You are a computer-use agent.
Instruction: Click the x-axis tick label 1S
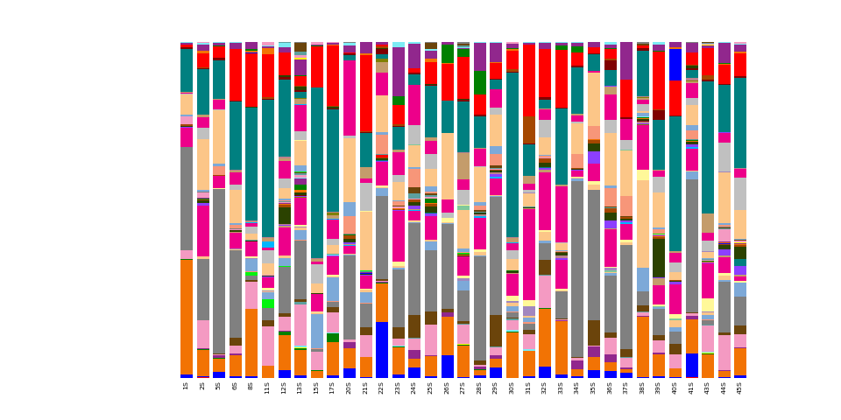187,386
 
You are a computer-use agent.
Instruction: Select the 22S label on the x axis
381,386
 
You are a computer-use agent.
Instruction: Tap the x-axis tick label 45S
740,386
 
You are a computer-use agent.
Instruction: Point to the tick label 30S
512,386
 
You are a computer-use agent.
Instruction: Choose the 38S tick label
642,386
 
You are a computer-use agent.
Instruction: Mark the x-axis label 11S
267,386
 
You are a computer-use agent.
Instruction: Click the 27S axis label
463,386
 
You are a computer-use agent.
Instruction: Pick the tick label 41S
691,386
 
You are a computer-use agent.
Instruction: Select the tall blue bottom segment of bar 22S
381,349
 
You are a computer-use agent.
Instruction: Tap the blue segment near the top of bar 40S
675,64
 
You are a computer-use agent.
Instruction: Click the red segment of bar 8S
251,80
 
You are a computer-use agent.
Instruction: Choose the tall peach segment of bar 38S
642,223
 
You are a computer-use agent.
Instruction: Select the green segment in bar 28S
479,83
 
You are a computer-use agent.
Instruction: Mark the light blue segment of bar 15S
316,331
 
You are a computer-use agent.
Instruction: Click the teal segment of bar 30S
512,154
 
